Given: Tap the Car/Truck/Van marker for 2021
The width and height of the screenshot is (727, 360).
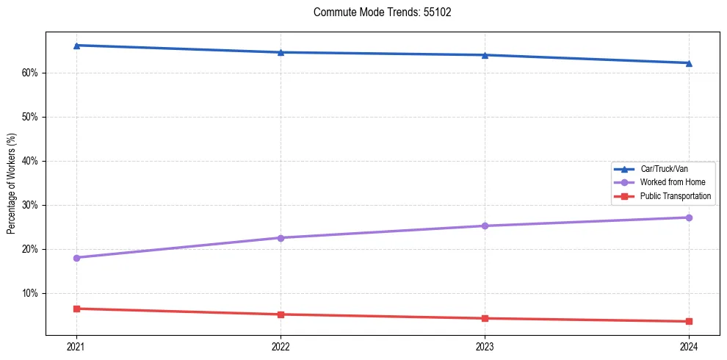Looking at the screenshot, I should tap(76, 46).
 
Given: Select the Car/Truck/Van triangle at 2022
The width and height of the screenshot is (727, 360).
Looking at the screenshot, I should tap(281, 52).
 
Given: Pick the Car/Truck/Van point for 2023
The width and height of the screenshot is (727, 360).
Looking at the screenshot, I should tap(485, 55).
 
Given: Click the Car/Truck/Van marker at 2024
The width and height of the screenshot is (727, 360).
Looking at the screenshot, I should tap(689, 63).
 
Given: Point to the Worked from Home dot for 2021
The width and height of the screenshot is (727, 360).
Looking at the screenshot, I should tap(76, 258).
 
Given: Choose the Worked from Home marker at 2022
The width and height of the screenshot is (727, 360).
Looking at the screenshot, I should tap(281, 238).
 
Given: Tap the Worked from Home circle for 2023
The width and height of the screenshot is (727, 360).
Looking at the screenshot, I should tap(485, 226).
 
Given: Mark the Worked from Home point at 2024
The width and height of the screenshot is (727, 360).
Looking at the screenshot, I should tap(689, 217).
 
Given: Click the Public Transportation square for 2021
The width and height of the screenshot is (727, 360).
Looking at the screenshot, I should tap(76, 309).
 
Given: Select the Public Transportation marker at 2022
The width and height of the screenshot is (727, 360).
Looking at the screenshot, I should tap(281, 314).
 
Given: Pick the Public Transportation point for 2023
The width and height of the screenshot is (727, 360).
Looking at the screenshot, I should tap(485, 318).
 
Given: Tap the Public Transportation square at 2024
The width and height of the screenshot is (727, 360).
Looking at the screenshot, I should tap(689, 321).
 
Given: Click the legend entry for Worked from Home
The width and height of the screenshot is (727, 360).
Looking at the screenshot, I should tap(672, 182).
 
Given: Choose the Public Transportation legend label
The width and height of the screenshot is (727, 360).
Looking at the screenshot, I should tap(675, 196).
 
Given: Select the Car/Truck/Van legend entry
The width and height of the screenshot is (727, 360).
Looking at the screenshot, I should tap(664, 169).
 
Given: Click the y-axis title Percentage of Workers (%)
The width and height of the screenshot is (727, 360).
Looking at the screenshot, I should tap(11, 184).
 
